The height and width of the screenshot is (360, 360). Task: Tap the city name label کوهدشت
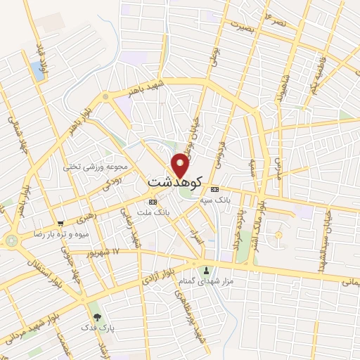click(175, 182)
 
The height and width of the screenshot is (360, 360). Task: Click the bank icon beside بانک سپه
click(215, 189)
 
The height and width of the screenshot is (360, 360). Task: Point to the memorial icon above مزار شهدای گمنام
click(206, 271)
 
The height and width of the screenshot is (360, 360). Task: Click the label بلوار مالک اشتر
click(262, 204)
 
